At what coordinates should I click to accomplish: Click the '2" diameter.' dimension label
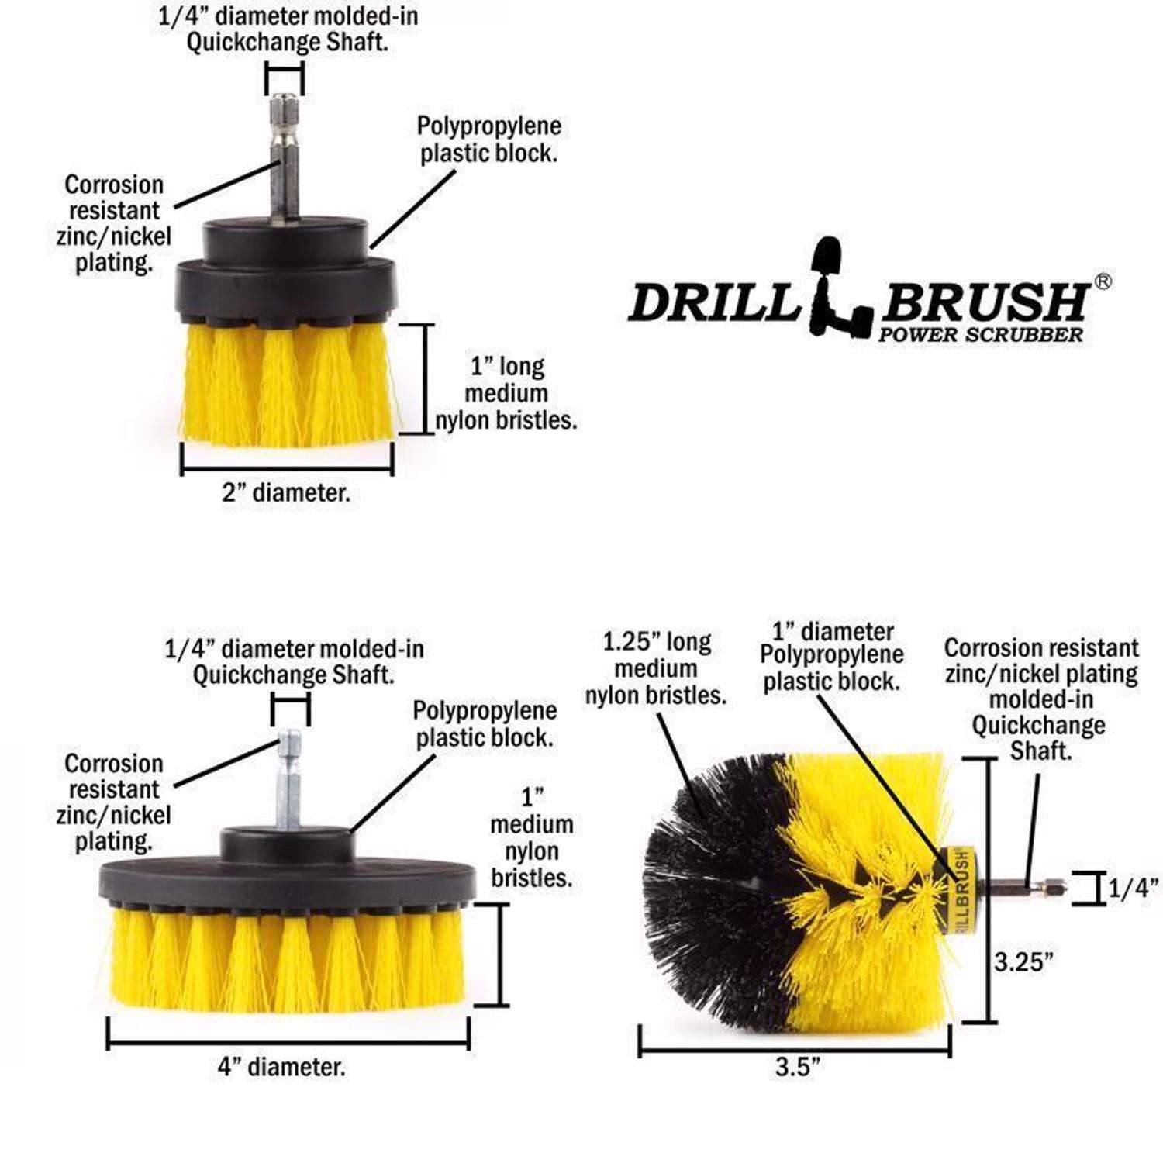click(x=286, y=493)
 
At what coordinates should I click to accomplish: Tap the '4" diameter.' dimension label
click(x=281, y=1068)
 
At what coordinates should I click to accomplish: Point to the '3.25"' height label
click(x=1024, y=962)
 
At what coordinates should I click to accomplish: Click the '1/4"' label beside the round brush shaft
click(x=1133, y=889)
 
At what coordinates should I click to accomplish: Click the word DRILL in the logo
click(x=713, y=302)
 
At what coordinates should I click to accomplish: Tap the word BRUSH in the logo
click(x=985, y=302)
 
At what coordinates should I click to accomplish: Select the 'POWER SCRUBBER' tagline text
click(x=981, y=335)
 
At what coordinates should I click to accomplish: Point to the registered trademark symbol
click(x=1103, y=282)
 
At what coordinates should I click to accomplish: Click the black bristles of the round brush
click(x=713, y=892)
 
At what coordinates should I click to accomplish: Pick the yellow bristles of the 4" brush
click(x=287, y=961)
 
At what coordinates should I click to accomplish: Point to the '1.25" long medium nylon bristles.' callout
click(x=656, y=668)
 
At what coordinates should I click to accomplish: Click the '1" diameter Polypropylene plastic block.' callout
click(x=832, y=656)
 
